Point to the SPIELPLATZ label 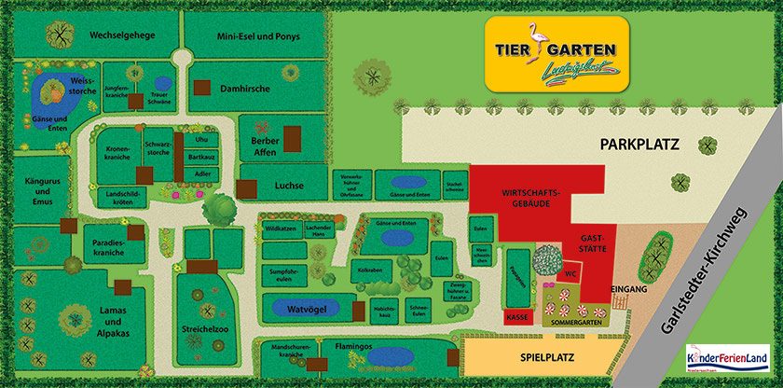click(x=547, y=357)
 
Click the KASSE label click(x=516, y=317)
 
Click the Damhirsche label click(x=244, y=89)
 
